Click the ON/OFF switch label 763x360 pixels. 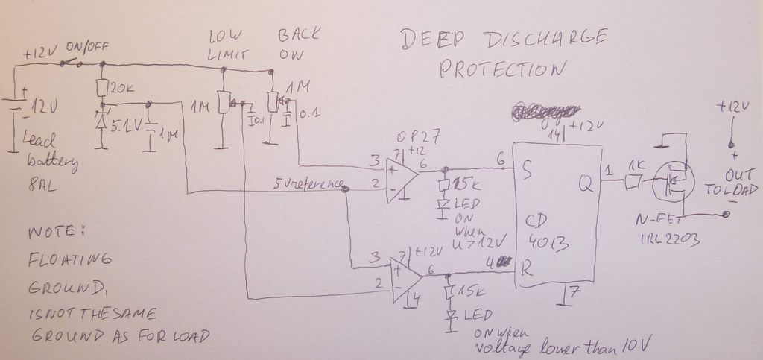click(86, 46)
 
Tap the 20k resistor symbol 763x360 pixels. click(101, 88)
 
